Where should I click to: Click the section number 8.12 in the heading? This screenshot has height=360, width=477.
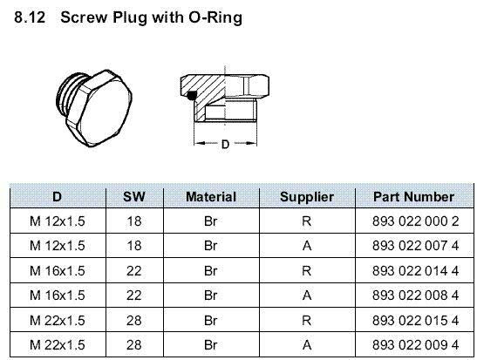point(30,17)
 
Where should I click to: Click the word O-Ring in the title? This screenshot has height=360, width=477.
point(215,17)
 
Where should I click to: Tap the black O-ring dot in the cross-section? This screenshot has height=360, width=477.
point(191,96)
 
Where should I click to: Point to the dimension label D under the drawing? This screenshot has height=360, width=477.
point(225,144)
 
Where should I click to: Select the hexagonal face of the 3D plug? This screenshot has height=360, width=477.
point(104,110)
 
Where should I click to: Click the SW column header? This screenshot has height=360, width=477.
point(134,197)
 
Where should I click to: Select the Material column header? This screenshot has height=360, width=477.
point(211,197)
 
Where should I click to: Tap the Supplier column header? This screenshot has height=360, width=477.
point(307,197)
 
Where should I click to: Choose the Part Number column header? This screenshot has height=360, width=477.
point(413,197)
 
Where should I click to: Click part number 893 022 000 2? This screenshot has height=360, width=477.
point(416,221)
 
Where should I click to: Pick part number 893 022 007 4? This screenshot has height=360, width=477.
point(416,246)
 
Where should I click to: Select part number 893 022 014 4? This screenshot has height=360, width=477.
point(416,270)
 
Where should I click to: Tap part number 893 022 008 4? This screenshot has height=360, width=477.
point(416,295)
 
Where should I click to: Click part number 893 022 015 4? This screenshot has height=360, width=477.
point(416,320)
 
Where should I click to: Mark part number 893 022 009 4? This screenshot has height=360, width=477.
point(416,345)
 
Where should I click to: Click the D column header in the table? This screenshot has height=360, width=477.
point(58,197)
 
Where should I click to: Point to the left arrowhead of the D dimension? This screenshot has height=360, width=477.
point(198,143)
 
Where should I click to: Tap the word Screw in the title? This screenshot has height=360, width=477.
point(84,17)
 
